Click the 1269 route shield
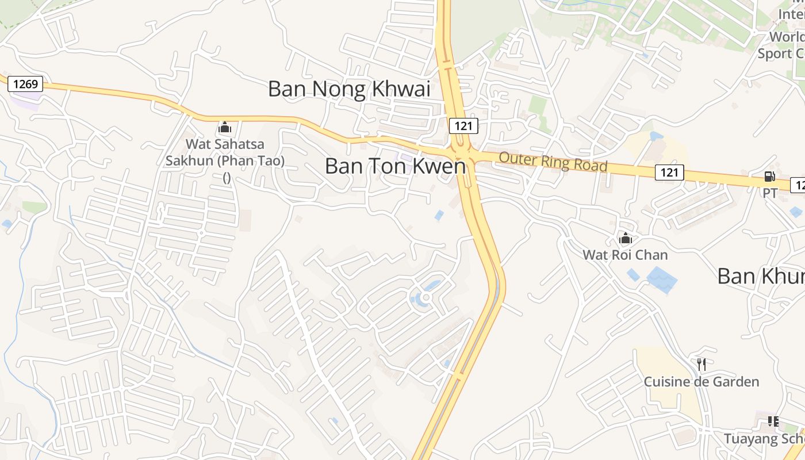point(26,85)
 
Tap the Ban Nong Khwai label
point(349,89)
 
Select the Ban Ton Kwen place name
point(395,166)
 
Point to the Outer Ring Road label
point(553,162)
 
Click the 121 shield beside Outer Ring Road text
point(669,172)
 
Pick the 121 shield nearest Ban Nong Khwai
point(463,126)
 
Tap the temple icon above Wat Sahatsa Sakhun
point(225,127)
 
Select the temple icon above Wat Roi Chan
point(626,237)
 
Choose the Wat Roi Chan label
point(626,255)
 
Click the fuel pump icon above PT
point(770,177)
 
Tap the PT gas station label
point(770,193)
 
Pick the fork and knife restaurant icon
point(701,364)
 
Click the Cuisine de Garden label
point(701,382)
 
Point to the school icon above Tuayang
point(773,421)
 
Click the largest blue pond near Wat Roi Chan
point(662,280)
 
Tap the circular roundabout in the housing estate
point(425,298)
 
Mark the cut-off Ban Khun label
point(760,277)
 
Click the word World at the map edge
point(787,37)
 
